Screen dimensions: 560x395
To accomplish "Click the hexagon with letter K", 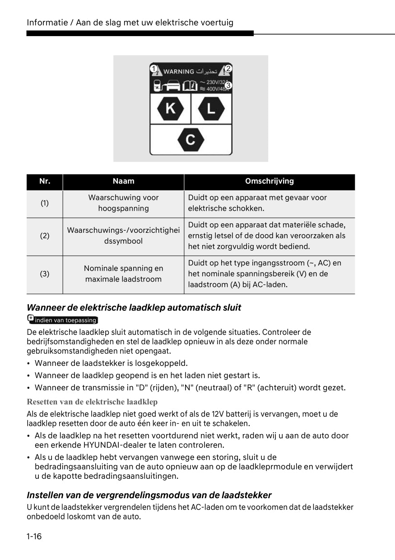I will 170,108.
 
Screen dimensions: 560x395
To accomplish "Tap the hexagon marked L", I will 211,108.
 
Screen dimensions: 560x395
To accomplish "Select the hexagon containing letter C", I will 191,139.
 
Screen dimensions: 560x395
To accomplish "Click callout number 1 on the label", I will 154,69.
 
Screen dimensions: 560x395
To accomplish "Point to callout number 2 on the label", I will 228,69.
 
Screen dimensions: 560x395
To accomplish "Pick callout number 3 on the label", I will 228,85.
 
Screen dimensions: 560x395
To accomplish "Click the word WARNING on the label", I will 179,71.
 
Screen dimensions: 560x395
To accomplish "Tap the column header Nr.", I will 45,181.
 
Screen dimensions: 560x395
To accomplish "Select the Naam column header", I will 123,181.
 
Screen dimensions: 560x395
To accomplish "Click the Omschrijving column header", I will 269,181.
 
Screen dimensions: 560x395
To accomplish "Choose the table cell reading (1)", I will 45,203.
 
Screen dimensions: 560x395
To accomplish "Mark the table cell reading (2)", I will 45,236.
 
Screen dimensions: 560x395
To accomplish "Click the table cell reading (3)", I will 45,274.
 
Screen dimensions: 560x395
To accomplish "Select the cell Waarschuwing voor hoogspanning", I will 123,203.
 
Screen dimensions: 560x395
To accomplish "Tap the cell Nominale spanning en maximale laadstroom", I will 123,274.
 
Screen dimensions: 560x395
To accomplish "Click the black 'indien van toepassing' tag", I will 63,320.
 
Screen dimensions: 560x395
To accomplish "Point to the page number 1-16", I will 34,537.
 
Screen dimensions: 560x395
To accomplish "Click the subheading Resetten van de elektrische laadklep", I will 92,402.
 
